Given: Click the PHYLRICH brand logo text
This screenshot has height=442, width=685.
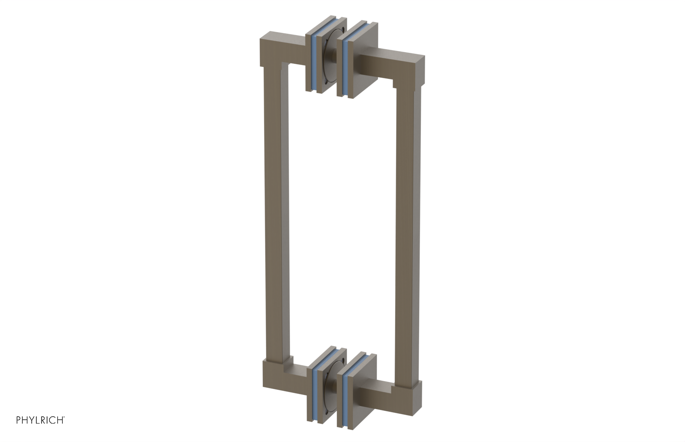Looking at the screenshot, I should pos(40,420).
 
